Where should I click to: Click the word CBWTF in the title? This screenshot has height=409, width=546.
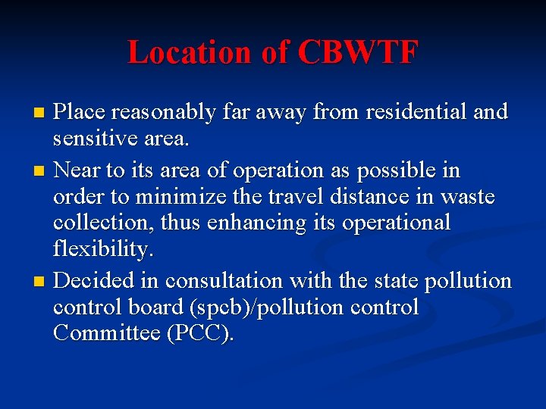(x=358, y=52)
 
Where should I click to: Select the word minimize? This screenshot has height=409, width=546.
(x=207, y=198)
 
